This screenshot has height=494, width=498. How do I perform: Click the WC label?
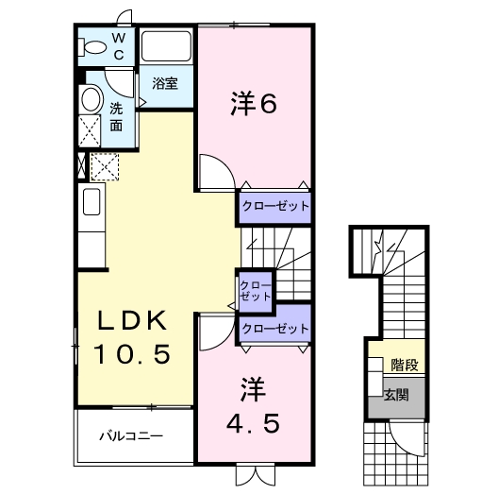[x=119, y=45]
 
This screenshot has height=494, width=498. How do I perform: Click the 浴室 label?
[x=165, y=83]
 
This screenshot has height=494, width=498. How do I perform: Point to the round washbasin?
[x=91, y=99]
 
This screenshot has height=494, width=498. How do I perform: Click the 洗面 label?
[x=116, y=115]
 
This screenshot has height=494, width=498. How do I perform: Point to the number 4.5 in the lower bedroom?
[x=253, y=424]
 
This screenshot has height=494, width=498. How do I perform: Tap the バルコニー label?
[x=132, y=437]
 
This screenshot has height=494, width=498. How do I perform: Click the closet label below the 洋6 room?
[x=274, y=204]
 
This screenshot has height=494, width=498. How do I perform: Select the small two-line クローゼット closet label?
[x=253, y=290]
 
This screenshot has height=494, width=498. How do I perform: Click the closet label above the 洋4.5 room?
[x=274, y=329]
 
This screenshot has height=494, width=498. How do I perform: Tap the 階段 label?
[x=406, y=365]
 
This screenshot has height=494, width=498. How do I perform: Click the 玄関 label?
[x=396, y=394]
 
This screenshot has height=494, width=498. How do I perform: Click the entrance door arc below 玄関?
[x=407, y=436]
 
